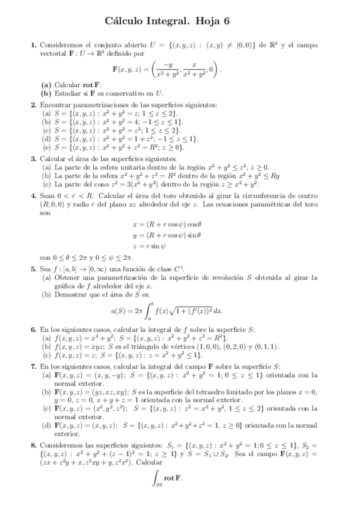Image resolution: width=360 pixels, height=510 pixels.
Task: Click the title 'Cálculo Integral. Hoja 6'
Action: point(180,21)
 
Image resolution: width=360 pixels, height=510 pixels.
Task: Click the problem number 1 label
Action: point(34,45)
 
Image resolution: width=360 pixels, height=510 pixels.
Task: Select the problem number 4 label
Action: point(34,196)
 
